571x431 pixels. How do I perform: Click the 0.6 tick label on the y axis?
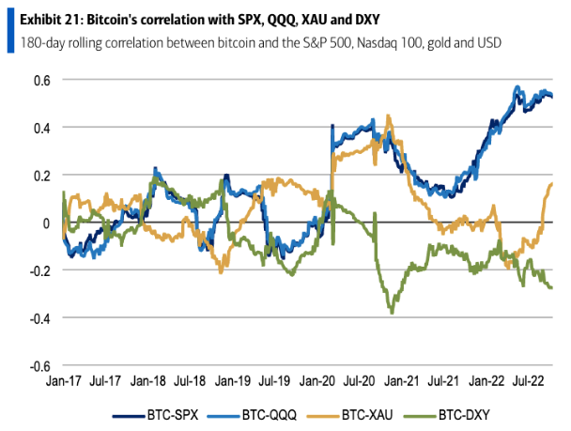40,80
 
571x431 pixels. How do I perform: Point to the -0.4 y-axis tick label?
39,318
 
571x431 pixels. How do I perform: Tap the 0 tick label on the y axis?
44,223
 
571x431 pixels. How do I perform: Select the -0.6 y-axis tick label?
39,366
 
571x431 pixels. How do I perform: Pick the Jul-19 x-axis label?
274,382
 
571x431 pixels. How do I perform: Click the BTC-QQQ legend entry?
259,414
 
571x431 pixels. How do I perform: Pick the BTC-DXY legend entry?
461,414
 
